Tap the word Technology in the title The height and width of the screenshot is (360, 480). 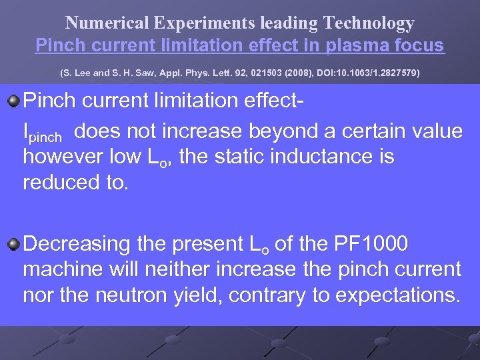369,23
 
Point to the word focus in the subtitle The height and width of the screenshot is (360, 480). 419,45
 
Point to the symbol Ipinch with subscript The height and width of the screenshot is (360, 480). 42,133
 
